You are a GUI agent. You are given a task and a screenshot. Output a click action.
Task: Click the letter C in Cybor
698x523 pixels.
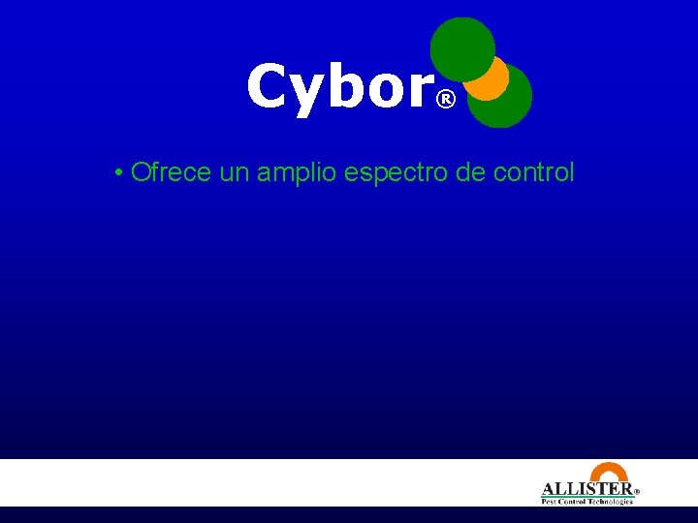click(269, 86)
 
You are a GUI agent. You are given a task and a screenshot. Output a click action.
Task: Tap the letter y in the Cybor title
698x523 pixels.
click(311, 93)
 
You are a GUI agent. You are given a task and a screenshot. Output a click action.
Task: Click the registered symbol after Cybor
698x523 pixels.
click(445, 100)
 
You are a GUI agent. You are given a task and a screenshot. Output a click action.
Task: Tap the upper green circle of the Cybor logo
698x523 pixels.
click(460, 46)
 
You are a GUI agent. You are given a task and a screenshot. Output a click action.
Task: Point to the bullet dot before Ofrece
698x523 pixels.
click(116, 174)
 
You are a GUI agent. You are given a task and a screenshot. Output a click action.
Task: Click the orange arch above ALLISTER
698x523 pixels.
click(609, 472)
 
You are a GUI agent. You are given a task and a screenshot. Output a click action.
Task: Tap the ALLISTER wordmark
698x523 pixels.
click(586, 489)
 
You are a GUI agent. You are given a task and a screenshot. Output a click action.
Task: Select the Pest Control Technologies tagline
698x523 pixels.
click(587, 502)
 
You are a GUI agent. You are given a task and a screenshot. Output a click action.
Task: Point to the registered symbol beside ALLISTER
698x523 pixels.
click(637, 491)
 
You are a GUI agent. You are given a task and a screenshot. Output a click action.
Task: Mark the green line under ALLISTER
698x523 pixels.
click(587, 497)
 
